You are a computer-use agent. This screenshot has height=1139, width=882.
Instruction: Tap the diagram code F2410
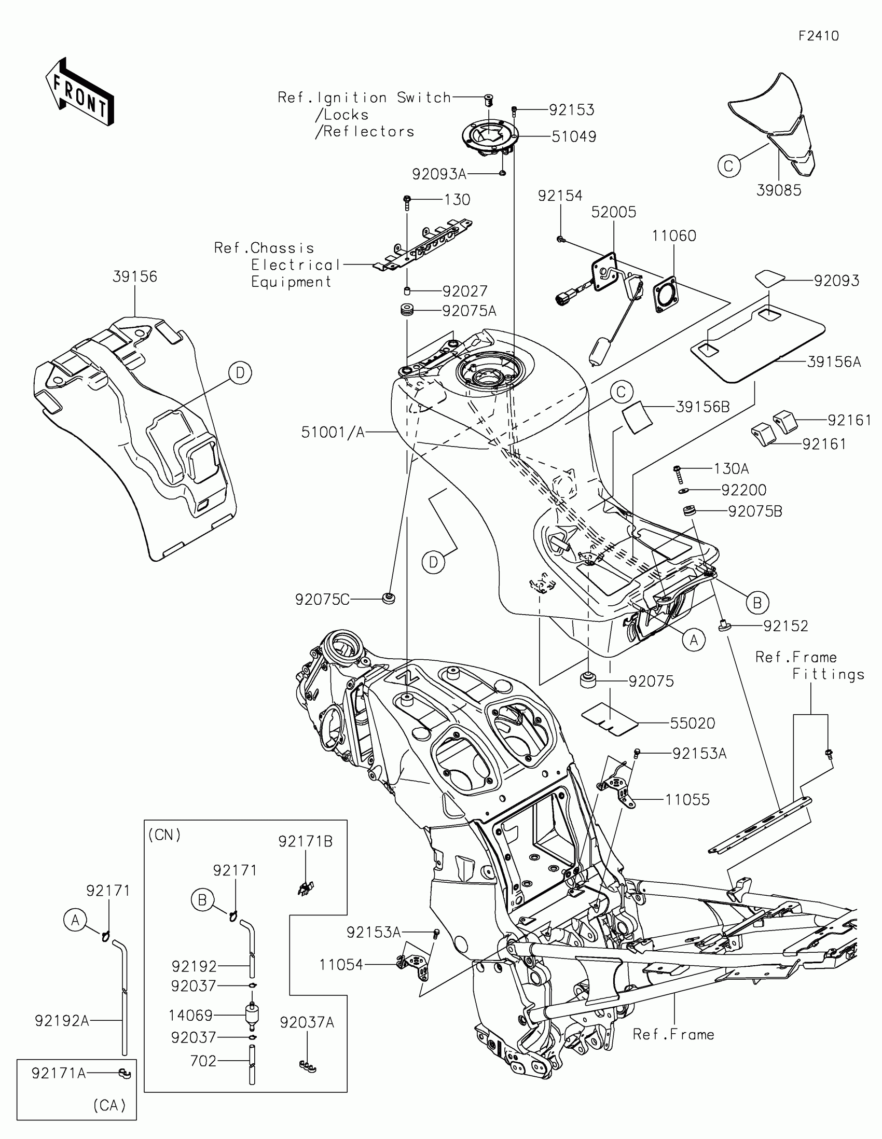[819, 36]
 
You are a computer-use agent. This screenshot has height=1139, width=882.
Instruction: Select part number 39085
[778, 190]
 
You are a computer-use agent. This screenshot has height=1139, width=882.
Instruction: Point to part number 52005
[613, 212]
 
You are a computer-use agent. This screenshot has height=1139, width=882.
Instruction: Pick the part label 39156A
[834, 362]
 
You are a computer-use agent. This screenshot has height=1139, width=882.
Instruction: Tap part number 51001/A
[332, 432]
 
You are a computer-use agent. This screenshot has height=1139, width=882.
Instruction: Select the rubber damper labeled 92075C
[388, 598]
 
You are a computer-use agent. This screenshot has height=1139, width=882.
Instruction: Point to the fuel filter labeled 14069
[252, 1015]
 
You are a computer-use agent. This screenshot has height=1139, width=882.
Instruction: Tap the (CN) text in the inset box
[164, 835]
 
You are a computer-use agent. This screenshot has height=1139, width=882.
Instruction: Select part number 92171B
[305, 841]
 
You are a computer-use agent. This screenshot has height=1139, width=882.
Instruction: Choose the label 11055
[687, 799]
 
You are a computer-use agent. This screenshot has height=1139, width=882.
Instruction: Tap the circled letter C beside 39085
[728, 166]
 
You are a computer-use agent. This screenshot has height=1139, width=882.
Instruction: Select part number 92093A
[438, 174]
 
